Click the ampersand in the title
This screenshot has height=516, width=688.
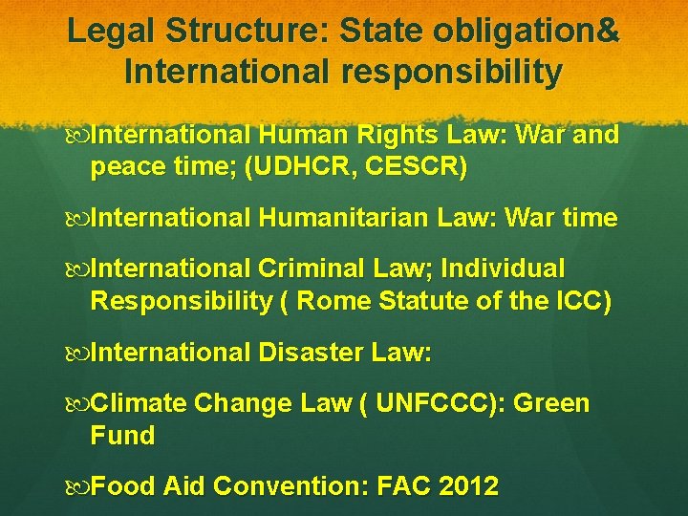coord(608,31)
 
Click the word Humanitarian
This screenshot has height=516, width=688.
coord(343,218)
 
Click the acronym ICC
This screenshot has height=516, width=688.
coord(577,301)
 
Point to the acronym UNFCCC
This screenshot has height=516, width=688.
coord(441,403)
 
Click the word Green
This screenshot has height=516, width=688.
coord(551,403)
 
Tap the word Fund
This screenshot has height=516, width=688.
coord(122,436)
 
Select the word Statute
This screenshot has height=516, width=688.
coord(419,301)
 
